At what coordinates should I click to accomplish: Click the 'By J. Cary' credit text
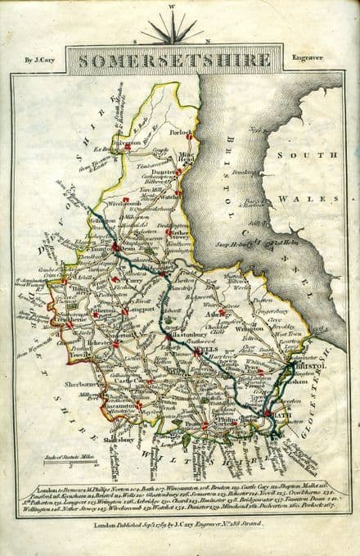pos(39,60)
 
